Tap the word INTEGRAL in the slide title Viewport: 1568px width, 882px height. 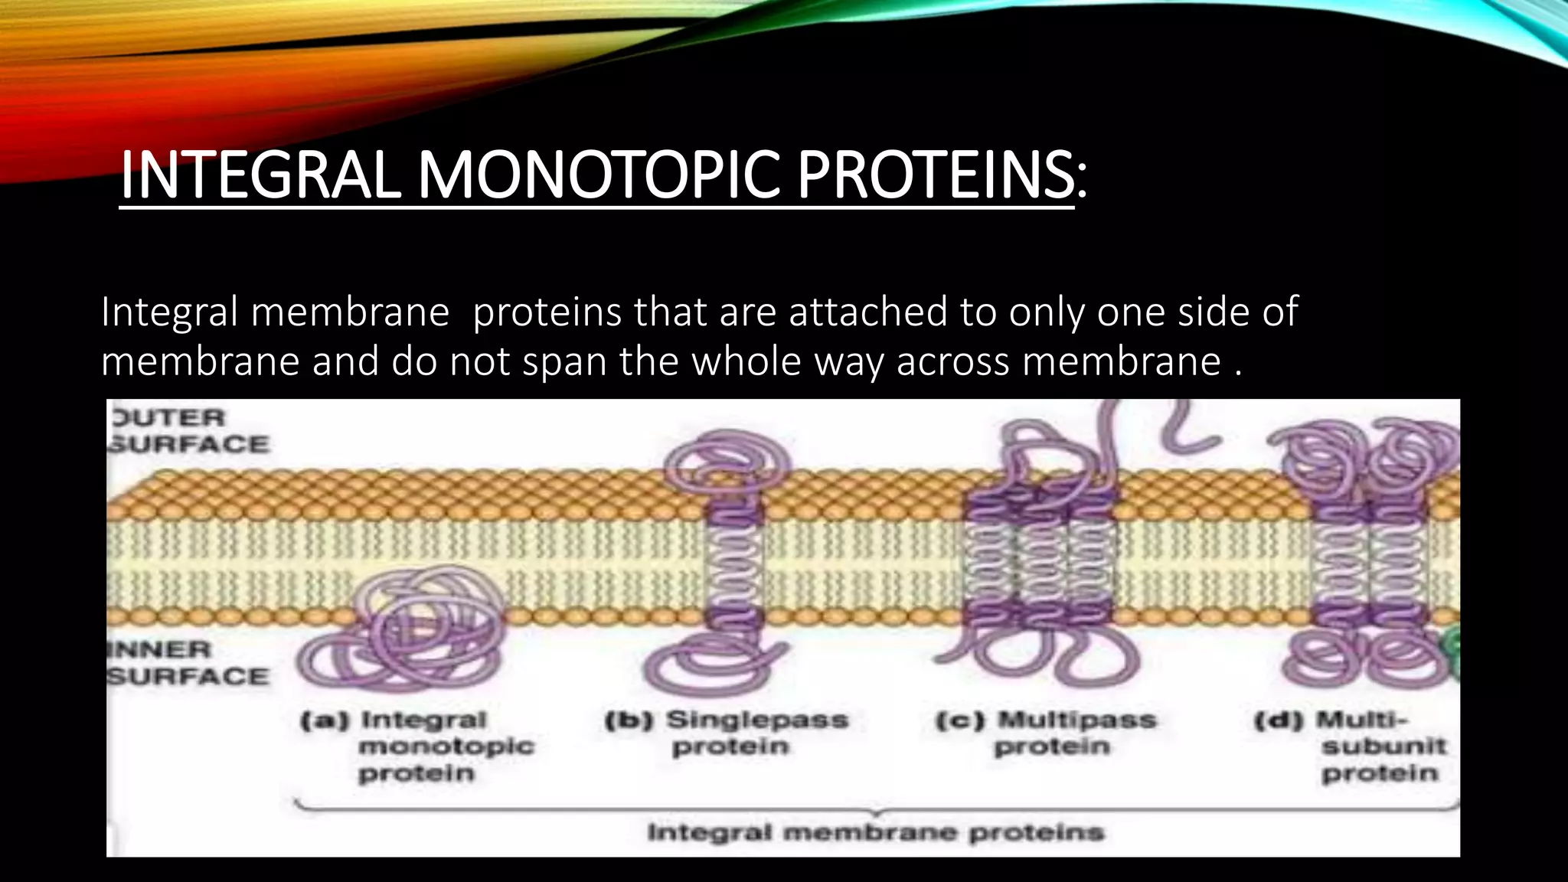point(260,176)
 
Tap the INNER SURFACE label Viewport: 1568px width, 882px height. point(188,663)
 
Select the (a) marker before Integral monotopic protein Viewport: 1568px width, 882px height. point(325,720)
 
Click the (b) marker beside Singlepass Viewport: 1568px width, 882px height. point(629,720)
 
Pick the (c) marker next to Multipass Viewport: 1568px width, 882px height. point(960,720)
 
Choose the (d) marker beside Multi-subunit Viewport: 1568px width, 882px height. point(1279,720)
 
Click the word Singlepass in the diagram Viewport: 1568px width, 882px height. point(757,720)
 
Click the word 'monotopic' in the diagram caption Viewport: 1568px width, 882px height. point(446,746)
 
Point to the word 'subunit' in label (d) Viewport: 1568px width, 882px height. point(1383,746)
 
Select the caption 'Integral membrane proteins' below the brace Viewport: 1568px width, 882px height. point(875,832)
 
